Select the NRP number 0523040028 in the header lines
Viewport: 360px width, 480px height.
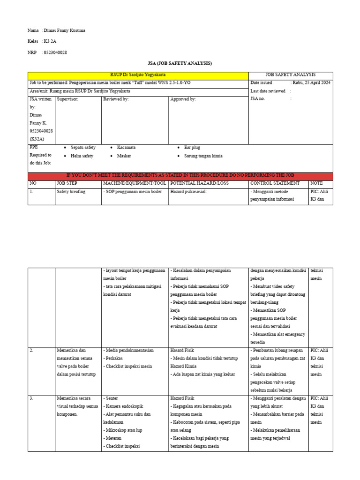point(55,52)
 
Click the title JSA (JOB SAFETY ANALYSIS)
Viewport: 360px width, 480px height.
point(180,63)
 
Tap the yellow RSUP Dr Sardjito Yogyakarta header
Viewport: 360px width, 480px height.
point(138,75)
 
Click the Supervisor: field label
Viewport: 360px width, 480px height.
point(67,99)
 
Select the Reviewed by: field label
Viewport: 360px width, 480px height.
point(116,99)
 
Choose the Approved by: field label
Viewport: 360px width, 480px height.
point(183,99)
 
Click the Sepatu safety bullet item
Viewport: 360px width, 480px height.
point(83,148)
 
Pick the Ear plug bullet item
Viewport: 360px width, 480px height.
point(192,148)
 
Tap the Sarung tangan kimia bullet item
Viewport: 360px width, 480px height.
point(203,156)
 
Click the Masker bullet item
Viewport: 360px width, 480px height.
point(124,156)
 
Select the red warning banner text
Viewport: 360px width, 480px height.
point(180,176)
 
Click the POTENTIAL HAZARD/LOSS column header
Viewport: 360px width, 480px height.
point(200,183)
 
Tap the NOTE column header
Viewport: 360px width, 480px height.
point(316,183)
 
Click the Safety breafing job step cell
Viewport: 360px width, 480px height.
point(71,192)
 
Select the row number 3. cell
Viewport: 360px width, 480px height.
point(31,398)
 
